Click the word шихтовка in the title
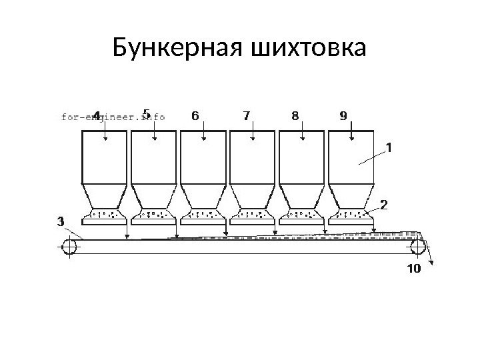click(x=308, y=48)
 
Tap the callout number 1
click(x=389, y=146)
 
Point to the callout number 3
click(x=60, y=220)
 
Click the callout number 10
click(x=413, y=269)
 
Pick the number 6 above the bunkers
click(x=195, y=116)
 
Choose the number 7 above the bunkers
click(x=247, y=116)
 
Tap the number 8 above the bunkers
click(x=295, y=116)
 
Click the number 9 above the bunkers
click(x=343, y=116)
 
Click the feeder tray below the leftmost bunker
click(x=105, y=216)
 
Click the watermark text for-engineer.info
click(x=113, y=116)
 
